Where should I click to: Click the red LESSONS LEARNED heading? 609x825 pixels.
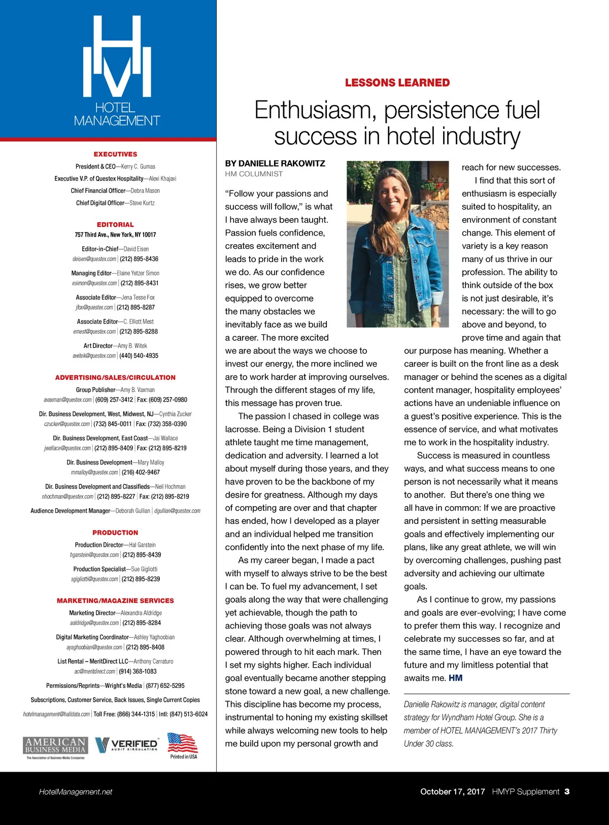click(x=397, y=83)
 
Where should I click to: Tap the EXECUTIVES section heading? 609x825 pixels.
click(x=115, y=154)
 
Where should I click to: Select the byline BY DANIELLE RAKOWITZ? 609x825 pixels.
click(x=275, y=163)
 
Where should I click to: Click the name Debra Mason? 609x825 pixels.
click(x=145, y=191)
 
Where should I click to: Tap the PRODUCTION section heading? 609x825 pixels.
click(x=115, y=533)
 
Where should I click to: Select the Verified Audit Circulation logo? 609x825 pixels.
click(x=127, y=744)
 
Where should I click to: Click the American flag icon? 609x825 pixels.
click(x=182, y=743)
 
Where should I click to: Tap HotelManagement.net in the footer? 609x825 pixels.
click(x=76, y=791)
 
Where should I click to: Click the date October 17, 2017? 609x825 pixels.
click(x=452, y=791)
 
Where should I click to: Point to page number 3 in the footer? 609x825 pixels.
click(x=567, y=791)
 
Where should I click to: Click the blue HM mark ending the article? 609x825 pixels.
click(x=455, y=678)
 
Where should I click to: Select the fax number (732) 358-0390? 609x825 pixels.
click(x=168, y=424)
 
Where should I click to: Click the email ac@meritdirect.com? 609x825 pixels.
click(x=95, y=672)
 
